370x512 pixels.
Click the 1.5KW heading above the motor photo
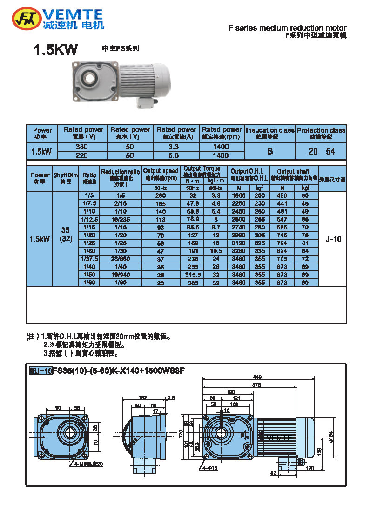pyautogui.click(x=55, y=50)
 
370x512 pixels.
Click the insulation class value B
pyautogui.click(x=270, y=151)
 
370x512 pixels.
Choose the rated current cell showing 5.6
pyautogui.click(x=176, y=155)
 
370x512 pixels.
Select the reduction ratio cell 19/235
pyautogui.click(x=121, y=220)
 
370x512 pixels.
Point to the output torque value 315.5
pyautogui.click(x=192, y=275)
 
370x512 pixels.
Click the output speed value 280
pyautogui.click(x=161, y=196)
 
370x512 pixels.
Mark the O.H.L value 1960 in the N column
pyautogui.click(x=239, y=196)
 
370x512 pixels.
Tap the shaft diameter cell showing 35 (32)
pyautogui.click(x=66, y=235)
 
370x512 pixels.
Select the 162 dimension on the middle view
pyautogui.click(x=142, y=397)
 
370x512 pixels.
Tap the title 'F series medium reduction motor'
pyautogui.click(x=287, y=28)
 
